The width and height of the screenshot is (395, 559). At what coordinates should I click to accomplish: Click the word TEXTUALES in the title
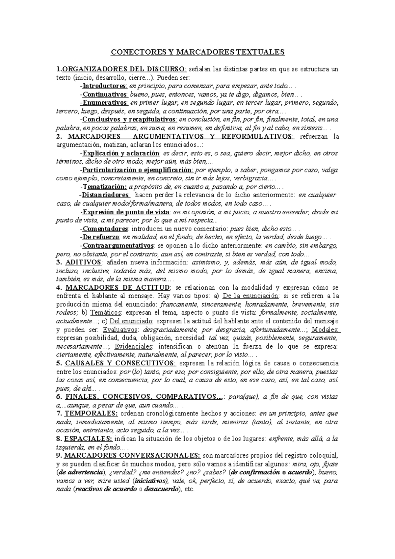click(259, 52)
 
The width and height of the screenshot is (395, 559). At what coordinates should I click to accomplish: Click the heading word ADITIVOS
click(84, 262)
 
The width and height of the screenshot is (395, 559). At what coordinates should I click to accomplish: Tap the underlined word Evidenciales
click(135, 346)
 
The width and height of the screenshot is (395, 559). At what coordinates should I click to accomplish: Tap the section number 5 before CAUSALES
click(58, 363)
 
